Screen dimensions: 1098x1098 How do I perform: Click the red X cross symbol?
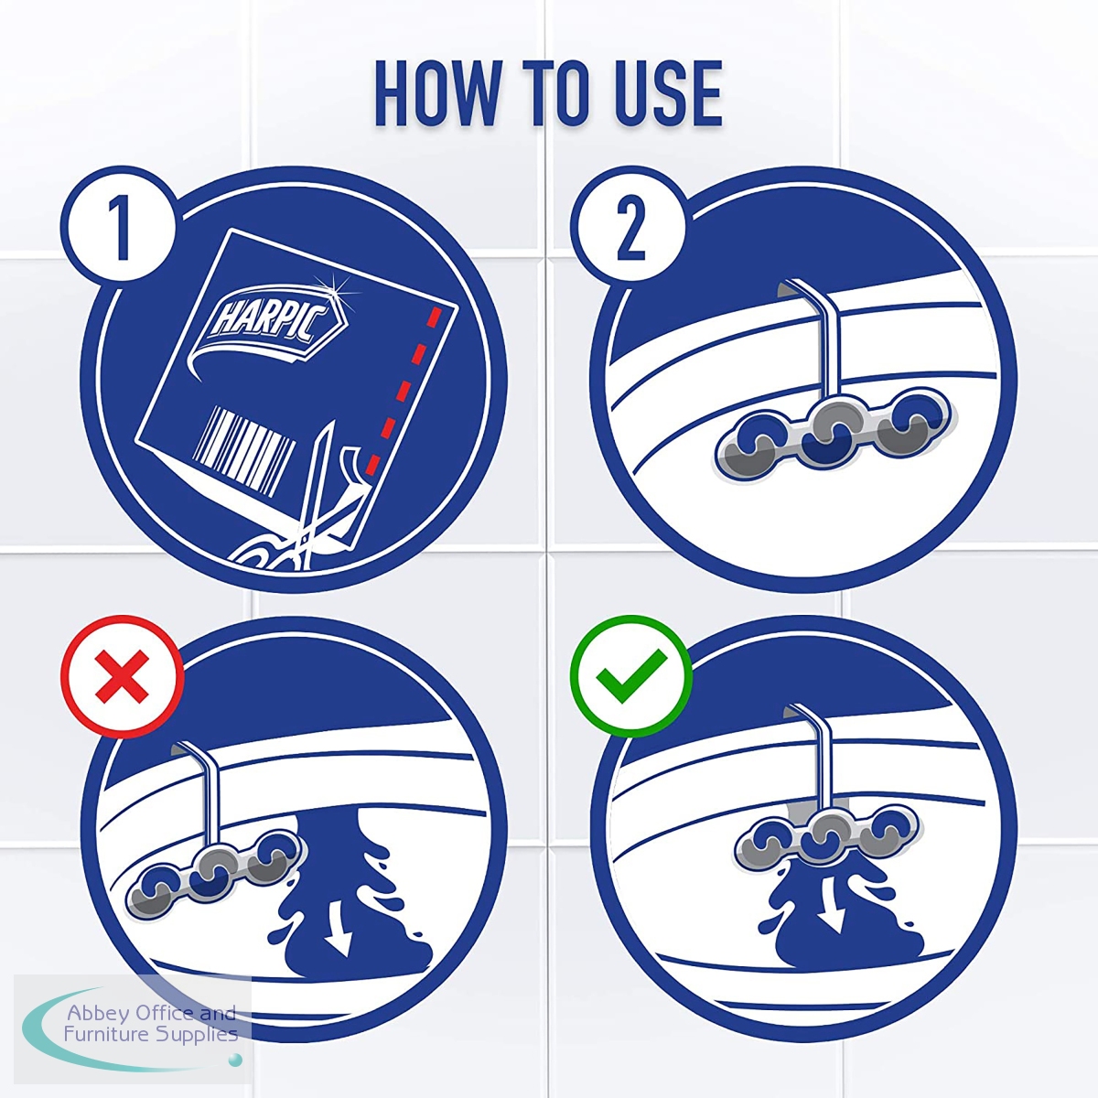(x=122, y=677)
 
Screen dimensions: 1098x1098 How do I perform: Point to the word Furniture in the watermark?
(x=99, y=1034)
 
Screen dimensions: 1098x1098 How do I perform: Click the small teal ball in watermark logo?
(x=234, y=1060)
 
